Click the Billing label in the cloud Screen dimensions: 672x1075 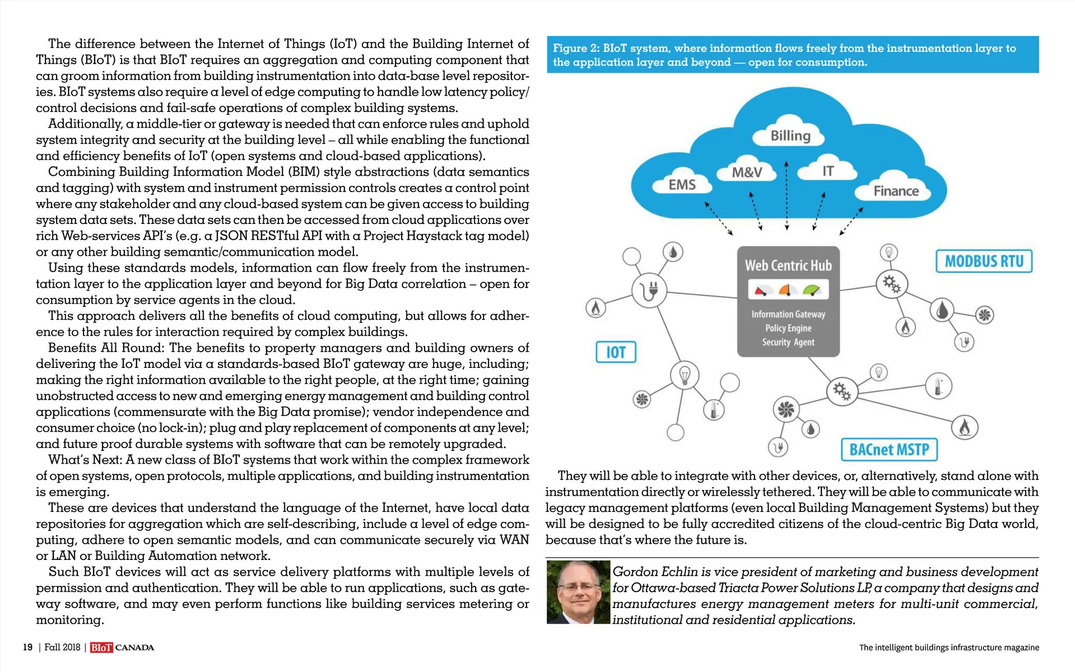790,136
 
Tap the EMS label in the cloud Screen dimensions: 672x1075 682,185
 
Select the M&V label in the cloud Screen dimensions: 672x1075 747,172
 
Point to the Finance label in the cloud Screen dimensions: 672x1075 896,191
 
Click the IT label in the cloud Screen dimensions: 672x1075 827,171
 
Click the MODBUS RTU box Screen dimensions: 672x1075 984,262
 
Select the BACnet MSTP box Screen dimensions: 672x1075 889,450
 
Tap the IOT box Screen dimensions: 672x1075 616,352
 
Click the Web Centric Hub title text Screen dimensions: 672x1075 788,265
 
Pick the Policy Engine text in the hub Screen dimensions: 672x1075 788,328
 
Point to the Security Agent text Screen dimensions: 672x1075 788,342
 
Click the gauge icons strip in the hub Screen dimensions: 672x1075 788,290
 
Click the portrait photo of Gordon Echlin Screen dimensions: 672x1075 578,592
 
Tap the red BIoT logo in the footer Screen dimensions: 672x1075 101,647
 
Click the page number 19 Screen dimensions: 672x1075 27,647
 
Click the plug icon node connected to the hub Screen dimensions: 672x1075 649,290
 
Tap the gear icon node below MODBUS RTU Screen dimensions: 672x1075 891,284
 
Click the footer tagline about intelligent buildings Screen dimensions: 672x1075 948,647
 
